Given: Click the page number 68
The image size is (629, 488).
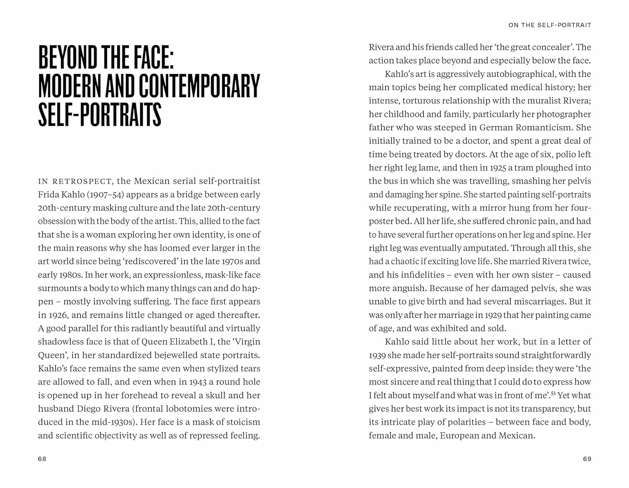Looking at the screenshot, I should pos(42,459).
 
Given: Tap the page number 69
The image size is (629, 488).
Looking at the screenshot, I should pos(587,459).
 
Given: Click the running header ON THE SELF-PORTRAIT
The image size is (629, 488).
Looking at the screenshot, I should pos(550,25).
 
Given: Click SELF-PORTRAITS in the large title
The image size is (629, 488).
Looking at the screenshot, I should pos(100,114).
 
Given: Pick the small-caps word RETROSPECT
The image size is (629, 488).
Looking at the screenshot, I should pos(82,182).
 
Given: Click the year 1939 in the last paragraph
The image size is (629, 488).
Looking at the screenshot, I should pos(377,356).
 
